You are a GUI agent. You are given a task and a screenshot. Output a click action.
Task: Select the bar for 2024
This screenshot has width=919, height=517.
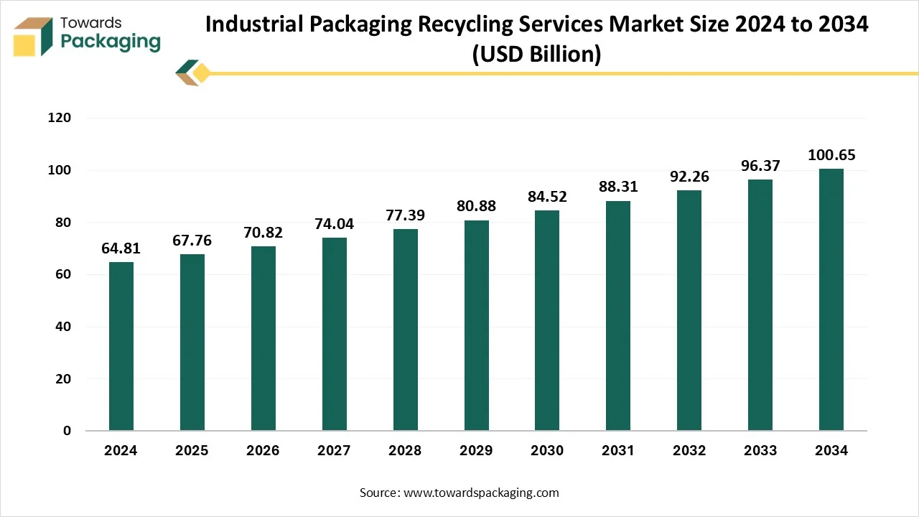(x=121, y=346)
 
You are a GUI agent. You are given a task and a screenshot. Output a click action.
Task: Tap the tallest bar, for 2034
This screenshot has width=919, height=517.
(x=831, y=299)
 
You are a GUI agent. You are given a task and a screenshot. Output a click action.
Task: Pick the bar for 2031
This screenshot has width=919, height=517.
(x=618, y=316)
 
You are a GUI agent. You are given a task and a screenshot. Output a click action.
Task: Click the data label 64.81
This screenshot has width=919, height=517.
(x=121, y=249)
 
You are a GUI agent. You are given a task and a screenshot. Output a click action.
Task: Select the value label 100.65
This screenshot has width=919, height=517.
(x=831, y=156)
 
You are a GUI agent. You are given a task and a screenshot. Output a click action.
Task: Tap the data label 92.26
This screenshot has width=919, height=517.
(x=689, y=177)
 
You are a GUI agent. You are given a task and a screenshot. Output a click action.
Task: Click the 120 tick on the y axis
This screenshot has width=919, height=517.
(x=61, y=118)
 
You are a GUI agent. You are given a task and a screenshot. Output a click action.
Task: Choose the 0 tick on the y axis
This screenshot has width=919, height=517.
(x=67, y=431)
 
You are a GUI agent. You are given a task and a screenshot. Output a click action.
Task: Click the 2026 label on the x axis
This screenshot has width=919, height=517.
(x=263, y=451)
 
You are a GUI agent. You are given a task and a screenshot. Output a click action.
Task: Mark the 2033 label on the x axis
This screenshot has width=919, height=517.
(x=760, y=451)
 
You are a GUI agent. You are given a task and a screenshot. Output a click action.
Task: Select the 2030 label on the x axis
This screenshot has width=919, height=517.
(x=547, y=451)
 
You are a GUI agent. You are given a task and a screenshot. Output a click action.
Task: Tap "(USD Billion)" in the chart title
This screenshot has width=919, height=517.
(x=536, y=54)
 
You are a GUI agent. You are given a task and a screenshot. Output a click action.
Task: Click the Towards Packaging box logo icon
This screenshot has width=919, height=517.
(x=33, y=37)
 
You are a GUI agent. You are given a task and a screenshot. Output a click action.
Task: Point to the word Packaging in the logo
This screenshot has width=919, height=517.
(x=111, y=42)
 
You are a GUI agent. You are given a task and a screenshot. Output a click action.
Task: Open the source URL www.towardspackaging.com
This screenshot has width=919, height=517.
(x=480, y=493)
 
